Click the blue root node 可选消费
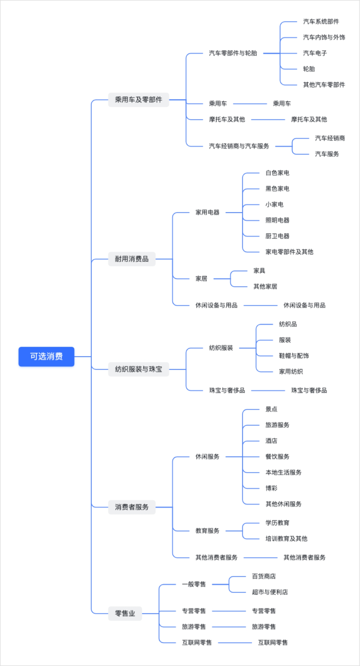[x=46, y=356]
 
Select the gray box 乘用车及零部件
[x=138, y=100]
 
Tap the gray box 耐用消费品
[x=132, y=259]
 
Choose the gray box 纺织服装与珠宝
[x=138, y=369]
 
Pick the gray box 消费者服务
[x=132, y=507]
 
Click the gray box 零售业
[x=125, y=613]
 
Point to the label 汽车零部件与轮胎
[x=233, y=53]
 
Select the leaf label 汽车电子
[x=315, y=53]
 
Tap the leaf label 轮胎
[x=309, y=69]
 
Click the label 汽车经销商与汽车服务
[x=239, y=146]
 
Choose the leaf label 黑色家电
[x=277, y=189]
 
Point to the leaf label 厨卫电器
[x=277, y=236]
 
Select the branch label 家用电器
[x=207, y=212]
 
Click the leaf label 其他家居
[x=265, y=286]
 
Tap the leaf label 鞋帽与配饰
[x=294, y=356]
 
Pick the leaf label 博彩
[x=271, y=488]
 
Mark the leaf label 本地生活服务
[x=283, y=472]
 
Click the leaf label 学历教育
[x=277, y=523]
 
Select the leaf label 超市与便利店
[x=270, y=592]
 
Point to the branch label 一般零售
[x=194, y=584]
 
